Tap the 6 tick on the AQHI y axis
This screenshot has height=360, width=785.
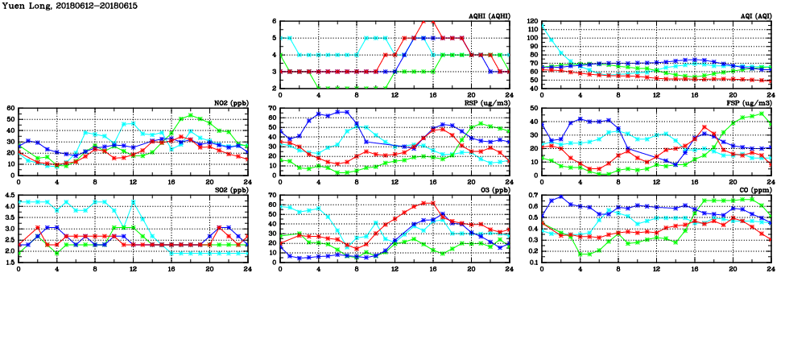pos(275,22)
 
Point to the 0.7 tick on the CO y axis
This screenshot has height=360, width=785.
pos(533,196)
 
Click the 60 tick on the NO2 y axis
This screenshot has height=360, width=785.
pos(11,109)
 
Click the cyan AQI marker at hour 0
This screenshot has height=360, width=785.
pos(542,25)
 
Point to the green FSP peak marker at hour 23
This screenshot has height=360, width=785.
pos(762,113)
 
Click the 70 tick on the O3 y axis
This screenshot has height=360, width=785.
pos(273,196)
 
